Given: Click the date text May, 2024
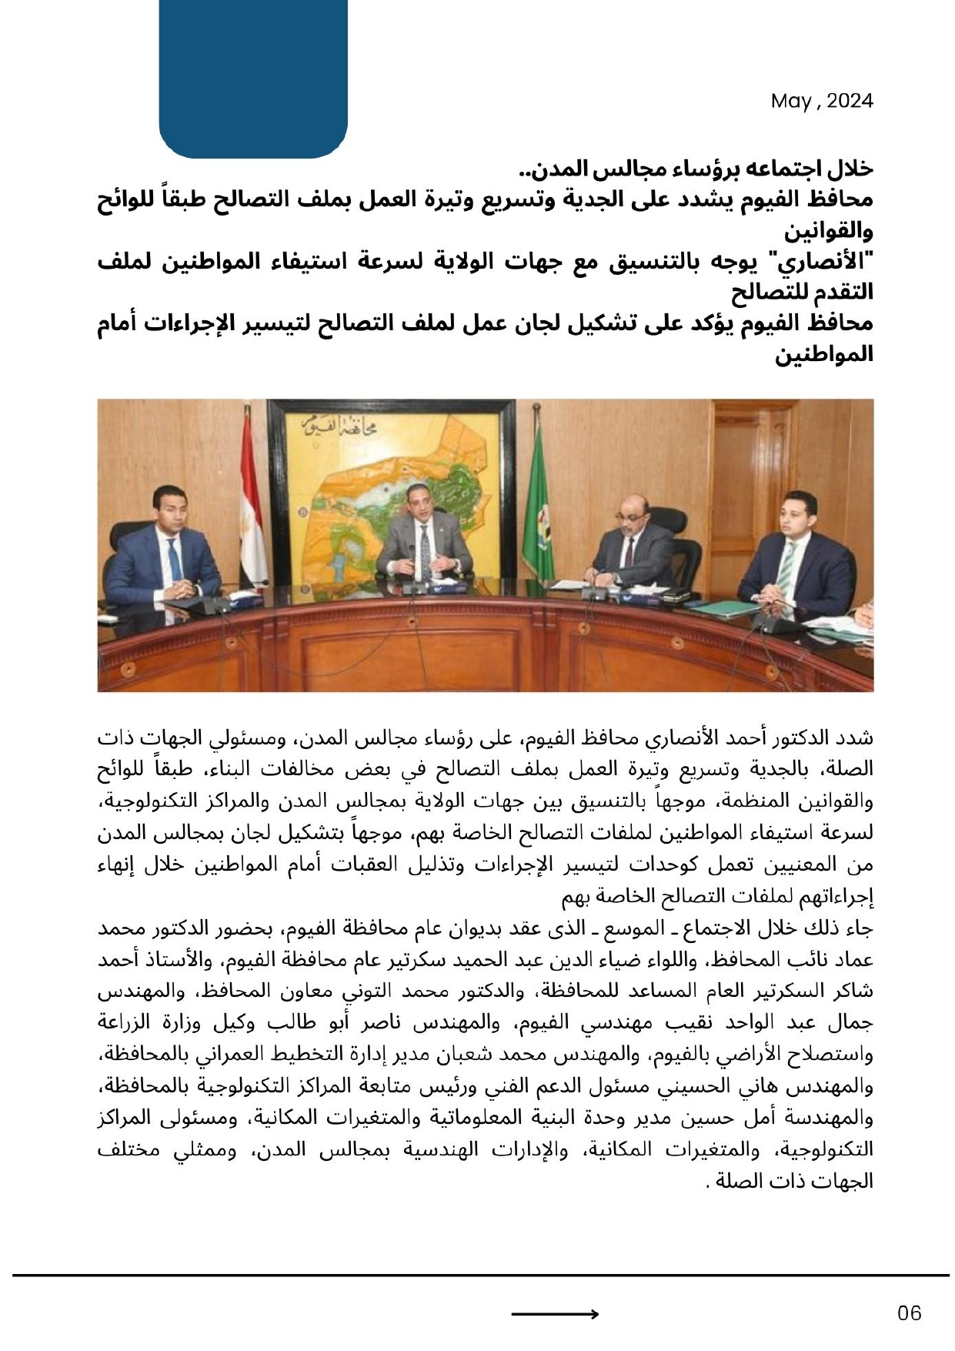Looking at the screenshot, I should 821,101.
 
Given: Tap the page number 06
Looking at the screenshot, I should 909,1313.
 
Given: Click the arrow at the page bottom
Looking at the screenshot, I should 554,1314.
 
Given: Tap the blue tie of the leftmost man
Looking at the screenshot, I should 175,561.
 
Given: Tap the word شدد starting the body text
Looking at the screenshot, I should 857,738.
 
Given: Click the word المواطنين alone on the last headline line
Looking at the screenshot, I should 823,355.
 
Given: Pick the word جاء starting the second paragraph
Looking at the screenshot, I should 860,928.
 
